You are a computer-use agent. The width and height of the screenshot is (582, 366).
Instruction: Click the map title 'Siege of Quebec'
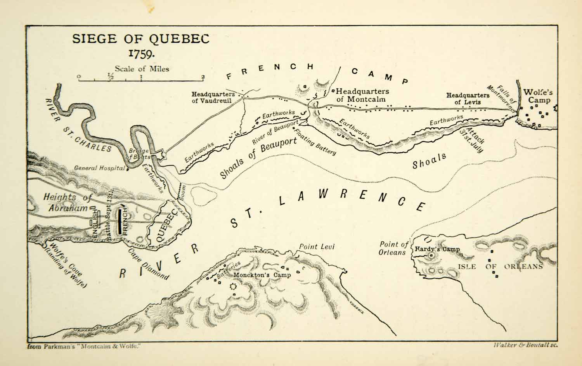point(141,39)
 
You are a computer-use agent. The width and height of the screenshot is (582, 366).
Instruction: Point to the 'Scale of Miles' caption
point(142,69)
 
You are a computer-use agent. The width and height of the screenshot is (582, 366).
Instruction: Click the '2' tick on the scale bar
point(203,77)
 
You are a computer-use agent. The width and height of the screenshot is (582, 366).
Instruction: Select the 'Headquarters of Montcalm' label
point(362,95)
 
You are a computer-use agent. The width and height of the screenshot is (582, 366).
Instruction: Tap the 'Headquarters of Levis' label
point(468,99)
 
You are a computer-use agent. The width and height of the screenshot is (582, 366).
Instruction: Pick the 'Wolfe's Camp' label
point(537,96)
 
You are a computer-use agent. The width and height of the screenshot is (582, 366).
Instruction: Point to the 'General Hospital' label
point(99,168)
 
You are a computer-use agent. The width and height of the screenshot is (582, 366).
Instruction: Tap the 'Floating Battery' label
point(315,142)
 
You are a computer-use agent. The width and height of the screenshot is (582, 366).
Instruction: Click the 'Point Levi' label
point(317,246)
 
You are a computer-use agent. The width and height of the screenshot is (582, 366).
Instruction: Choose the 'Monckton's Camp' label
point(262,275)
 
